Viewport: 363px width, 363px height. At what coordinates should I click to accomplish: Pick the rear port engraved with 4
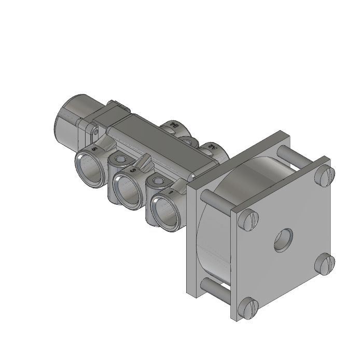click(x=173, y=127)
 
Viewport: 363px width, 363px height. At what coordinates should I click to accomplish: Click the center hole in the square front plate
click(x=283, y=239)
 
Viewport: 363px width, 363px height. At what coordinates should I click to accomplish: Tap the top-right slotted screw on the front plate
click(x=324, y=177)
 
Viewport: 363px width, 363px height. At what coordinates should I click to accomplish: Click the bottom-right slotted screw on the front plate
click(x=324, y=265)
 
